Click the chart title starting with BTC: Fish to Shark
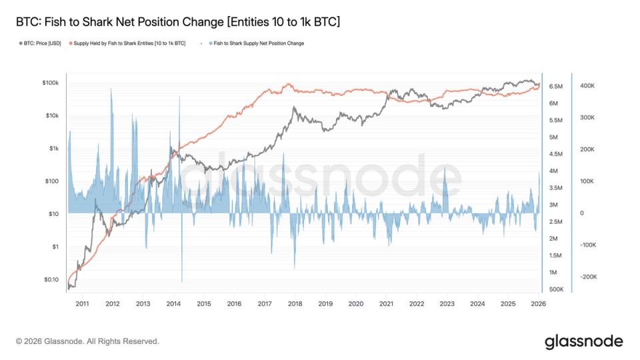177,22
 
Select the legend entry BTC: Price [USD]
41,43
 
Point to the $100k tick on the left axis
51,83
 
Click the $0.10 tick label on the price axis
51,279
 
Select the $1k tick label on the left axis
53,148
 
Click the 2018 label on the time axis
295,304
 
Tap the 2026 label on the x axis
539,304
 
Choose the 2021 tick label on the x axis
386,304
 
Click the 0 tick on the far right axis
582,213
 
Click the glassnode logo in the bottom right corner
583,341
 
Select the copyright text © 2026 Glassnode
87,341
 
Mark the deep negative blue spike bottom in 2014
182,281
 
